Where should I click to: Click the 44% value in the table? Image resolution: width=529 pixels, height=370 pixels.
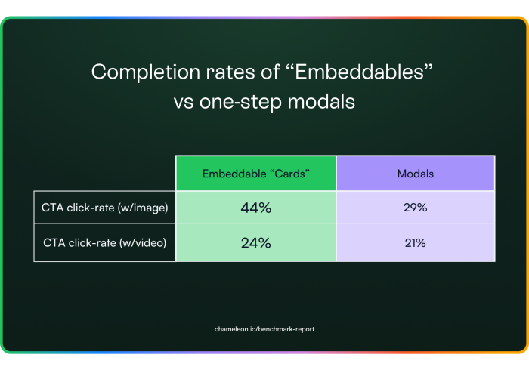(x=255, y=208)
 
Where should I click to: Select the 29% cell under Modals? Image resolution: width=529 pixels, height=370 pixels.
(x=416, y=208)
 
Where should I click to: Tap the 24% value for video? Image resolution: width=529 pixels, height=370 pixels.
(x=255, y=243)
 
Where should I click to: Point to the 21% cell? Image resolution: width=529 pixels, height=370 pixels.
(x=416, y=243)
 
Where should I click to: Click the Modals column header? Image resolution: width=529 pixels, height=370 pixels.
(x=416, y=174)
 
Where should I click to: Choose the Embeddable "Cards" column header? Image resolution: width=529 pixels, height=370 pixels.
(x=255, y=174)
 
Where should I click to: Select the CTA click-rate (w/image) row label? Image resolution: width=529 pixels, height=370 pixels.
(x=104, y=208)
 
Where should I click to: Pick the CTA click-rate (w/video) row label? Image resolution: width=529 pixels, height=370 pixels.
(x=104, y=243)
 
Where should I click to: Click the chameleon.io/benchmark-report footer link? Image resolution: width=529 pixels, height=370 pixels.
(x=264, y=329)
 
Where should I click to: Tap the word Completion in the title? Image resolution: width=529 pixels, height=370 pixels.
(x=146, y=72)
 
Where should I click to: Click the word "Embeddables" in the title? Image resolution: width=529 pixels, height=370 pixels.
(x=359, y=72)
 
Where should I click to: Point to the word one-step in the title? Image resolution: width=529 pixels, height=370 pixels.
(x=240, y=102)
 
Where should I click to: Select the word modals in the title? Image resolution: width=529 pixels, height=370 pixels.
(x=321, y=101)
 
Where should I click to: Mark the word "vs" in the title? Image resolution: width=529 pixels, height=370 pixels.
(x=184, y=102)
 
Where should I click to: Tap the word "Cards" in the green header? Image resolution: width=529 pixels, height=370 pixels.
(x=289, y=174)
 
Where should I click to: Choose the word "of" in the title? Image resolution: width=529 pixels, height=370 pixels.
(x=270, y=72)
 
